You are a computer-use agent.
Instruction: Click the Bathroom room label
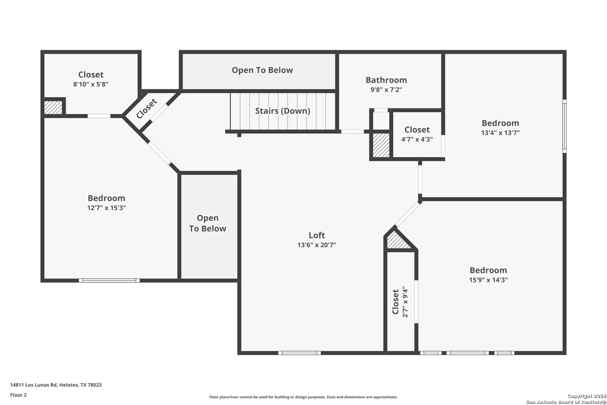(386, 80)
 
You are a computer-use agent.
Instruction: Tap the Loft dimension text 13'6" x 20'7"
(317, 245)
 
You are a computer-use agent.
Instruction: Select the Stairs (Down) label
(283, 111)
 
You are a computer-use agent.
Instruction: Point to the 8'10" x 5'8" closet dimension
(91, 84)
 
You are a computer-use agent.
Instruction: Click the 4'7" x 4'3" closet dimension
(417, 139)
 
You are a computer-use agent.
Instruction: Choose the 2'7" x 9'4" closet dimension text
(405, 301)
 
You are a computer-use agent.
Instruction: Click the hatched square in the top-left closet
(53, 107)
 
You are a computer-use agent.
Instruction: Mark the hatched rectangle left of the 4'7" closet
(381, 145)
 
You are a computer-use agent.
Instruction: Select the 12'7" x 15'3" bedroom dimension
(106, 208)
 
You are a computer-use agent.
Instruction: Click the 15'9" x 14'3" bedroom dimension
(488, 280)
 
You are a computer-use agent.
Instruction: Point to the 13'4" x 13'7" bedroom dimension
(501, 133)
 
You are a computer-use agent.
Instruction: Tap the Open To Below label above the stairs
(262, 70)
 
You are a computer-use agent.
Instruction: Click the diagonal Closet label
(147, 109)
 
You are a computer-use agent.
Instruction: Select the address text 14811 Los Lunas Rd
(34, 385)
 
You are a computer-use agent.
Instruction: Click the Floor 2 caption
(18, 395)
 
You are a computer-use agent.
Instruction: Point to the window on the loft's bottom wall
(299, 353)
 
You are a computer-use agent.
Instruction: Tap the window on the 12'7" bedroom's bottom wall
(109, 280)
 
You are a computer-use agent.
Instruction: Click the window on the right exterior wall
(564, 126)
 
